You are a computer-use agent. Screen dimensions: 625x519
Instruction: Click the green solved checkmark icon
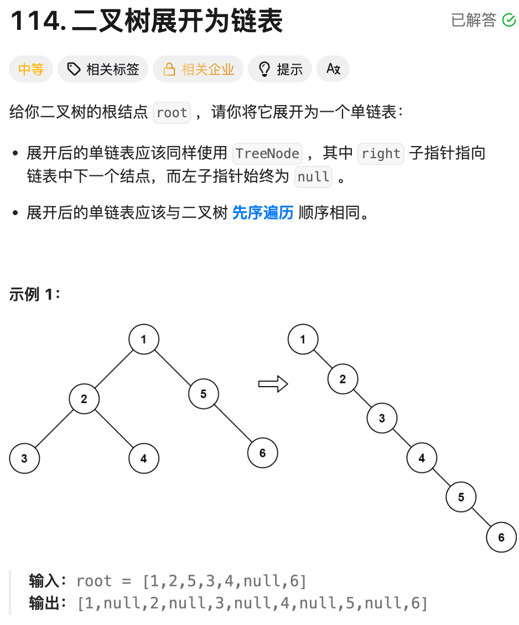[508, 20]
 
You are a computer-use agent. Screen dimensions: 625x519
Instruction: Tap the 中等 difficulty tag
[31, 69]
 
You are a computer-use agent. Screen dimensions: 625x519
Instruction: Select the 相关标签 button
[103, 69]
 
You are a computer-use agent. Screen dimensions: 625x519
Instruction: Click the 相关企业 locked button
[198, 69]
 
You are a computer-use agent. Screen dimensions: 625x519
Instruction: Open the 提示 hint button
[280, 69]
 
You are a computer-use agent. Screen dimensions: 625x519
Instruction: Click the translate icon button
[333, 69]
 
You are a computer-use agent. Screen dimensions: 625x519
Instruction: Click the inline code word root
[172, 113]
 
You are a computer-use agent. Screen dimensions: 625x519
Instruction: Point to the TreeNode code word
[268, 153]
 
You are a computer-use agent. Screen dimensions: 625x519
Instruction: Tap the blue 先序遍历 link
[263, 212]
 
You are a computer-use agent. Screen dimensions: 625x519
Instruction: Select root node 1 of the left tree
[144, 339]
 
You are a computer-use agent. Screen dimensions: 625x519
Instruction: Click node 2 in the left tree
[84, 399]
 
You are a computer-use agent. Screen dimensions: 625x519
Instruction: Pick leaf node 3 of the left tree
[24, 459]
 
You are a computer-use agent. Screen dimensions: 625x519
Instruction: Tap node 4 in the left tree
[144, 459]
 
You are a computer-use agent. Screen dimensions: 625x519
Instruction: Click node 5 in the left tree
[204, 394]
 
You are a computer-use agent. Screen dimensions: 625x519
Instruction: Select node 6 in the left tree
[262, 454]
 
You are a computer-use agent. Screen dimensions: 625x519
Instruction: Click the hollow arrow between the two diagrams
[273, 384]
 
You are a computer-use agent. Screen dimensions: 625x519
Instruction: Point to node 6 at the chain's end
[501, 537]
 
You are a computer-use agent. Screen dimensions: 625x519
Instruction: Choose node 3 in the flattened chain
[382, 418]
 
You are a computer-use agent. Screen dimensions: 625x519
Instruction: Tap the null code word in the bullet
[314, 178]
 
